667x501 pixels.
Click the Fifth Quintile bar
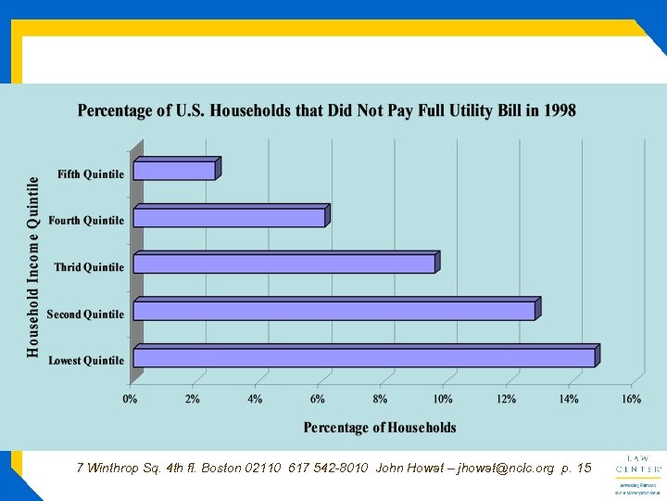click(x=174, y=171)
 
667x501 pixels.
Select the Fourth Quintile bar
click(x=229, y=217)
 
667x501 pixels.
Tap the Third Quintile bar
click(x=284, y=263)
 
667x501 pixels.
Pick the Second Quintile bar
click(x=334, y=310)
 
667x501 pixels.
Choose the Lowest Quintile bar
click(x=364, y=357)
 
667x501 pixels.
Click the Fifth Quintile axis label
click(x=91, y=174)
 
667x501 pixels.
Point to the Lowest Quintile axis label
click(x=86, y=361)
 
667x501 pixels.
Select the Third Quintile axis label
click(x=89, y=267)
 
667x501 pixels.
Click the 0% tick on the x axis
click(x=130, y=399)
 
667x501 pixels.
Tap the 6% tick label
click(x=318, y=399)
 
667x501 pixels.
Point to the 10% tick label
click(x=443, y=399)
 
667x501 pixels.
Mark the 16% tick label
click(x=631, y=399)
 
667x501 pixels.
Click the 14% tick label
click(x=569, y=399)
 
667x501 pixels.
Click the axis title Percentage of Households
click(x=380, y=428)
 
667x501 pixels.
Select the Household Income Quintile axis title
click(x=33, y=266)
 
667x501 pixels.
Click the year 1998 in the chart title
click(x=560, y=111)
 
